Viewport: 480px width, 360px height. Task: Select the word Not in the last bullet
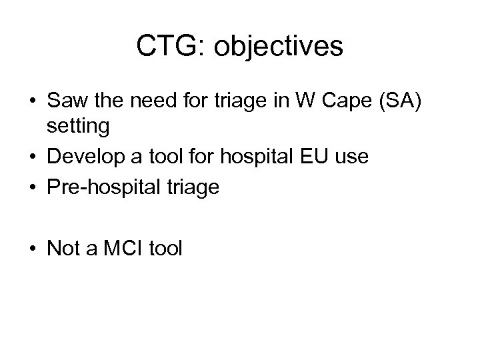pos(64,249)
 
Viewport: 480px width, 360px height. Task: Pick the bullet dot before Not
pos(31,250)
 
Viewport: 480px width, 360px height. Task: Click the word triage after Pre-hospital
pos(195,188)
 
